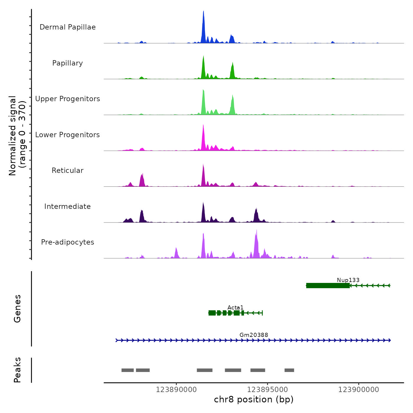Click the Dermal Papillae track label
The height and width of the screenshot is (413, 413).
(x=68, y=27)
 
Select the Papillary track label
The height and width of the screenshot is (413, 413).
(x=68, y=63)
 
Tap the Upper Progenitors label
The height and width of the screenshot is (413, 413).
(x=68, y=99)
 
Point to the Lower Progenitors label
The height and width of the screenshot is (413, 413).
(x=68, y=135)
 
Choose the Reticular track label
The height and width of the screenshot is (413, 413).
(x=68, y=171)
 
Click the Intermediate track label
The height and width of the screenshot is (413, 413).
(x=68, y=206)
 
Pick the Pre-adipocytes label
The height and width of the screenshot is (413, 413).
(x=68, y=242)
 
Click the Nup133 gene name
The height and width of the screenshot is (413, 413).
(x=348, y=280)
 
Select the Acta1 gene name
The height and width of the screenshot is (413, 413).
(x=235, y=308)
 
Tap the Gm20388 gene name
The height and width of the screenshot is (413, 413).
(x=254, y=335)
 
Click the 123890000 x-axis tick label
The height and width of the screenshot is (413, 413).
(x=176, y=390)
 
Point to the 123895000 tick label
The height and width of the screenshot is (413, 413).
(x=267, y=390)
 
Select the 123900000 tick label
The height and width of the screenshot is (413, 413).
(x=358, y=390)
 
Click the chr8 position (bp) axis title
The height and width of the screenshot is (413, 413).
(x=254, y=399)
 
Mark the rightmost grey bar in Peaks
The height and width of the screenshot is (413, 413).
(x=289, y=370)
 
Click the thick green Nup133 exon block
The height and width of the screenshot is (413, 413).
(x=328, y=286)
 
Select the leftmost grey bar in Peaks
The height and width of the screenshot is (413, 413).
(x=127, y=370)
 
